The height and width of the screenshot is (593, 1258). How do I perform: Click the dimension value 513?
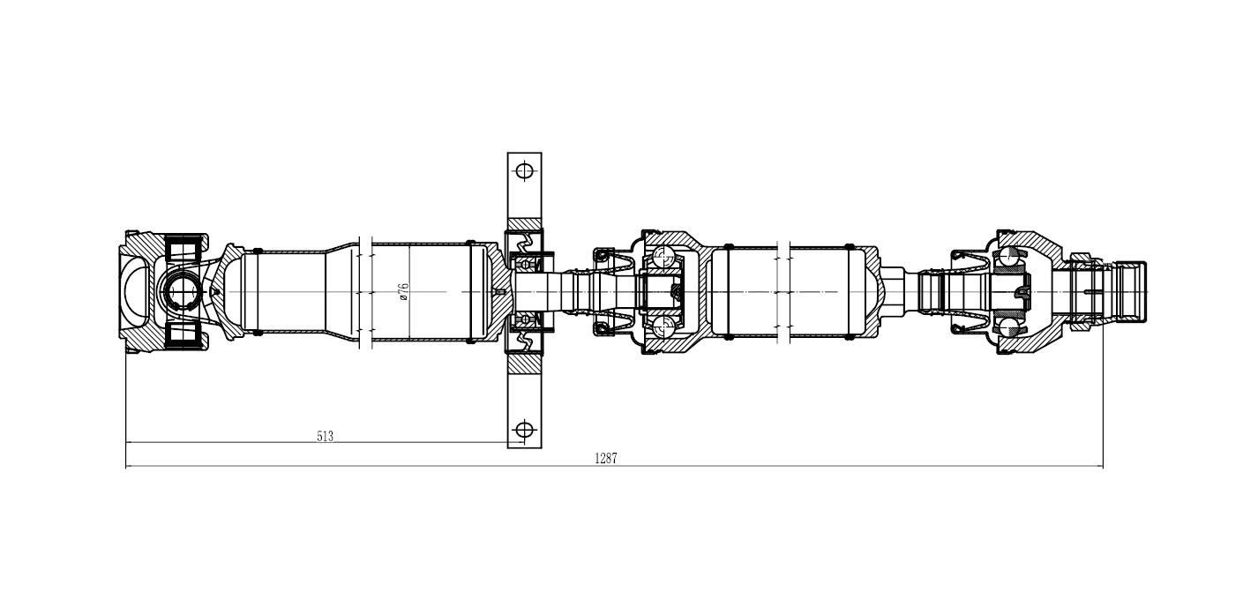tap(326, 436)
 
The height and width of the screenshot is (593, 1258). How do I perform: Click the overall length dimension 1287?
tap(606, 458)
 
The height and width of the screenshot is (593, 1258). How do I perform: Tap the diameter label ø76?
tap(404, 292)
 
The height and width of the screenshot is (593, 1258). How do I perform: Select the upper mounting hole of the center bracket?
tap(525, 170)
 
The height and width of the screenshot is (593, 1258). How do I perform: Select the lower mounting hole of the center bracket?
tap(525, 430)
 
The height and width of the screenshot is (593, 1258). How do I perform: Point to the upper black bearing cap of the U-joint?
tap(183, 248)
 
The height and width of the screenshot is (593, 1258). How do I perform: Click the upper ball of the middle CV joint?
tap(663, 257)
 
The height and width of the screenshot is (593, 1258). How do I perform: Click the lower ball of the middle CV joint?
tap(663, 325)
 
